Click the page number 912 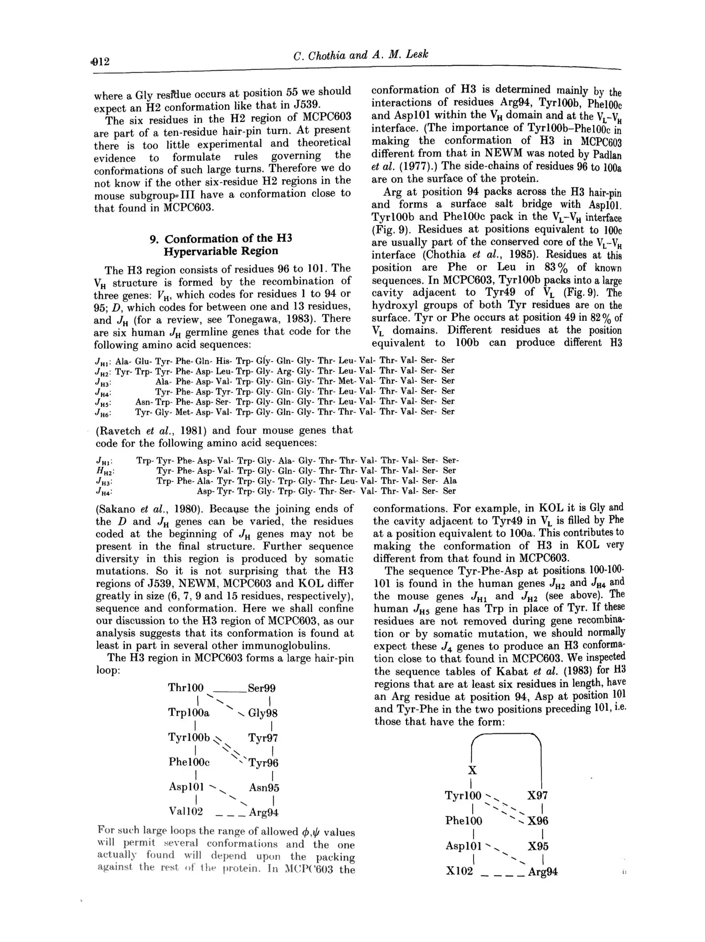click(x=101, y=62)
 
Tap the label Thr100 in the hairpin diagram click(x=186, y=688)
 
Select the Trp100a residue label click(x=189, y=712)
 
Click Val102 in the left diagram click(x=186, y=811)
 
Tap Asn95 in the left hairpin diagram click(x=264, y=787)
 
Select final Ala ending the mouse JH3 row click(x=450, y=481)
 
